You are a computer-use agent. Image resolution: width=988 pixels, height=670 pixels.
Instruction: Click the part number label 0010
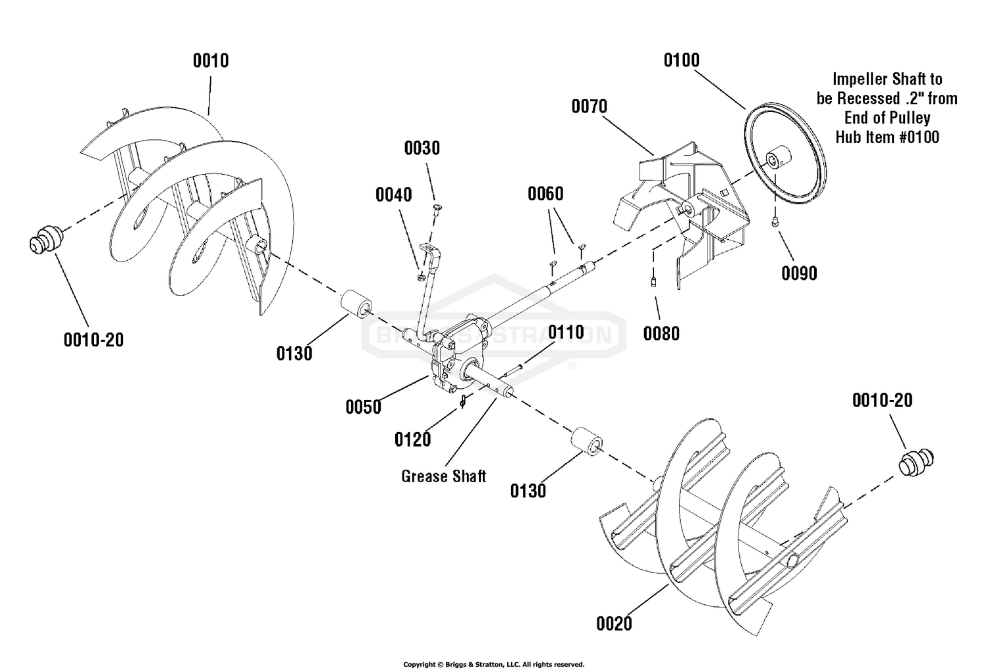coord(211,61)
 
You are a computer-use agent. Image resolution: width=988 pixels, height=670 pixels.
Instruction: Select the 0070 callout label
coord(589,107)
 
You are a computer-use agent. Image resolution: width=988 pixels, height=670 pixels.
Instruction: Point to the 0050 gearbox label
coord(364,407)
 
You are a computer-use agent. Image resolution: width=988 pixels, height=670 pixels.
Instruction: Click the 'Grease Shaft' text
coord(443,476)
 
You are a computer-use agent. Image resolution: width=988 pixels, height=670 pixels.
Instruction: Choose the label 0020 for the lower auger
coord(614,623)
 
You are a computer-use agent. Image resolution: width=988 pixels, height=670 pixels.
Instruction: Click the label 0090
coord(799,273)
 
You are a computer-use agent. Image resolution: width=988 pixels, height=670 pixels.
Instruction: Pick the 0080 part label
coord(661,333)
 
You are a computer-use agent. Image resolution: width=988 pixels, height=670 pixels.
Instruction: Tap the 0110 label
coord(566,333)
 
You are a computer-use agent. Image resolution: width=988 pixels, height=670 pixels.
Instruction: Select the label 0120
coord(412,439)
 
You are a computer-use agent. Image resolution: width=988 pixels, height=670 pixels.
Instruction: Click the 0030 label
coord(422,148)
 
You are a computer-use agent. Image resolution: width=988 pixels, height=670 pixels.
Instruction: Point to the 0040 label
coord(394,195)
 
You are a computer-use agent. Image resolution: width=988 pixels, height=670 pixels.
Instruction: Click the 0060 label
coord(545,194)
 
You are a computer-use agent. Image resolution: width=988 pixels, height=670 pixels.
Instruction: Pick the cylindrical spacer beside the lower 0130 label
coord(586,441)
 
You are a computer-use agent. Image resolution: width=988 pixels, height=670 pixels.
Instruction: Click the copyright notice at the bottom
coord(493,664)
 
